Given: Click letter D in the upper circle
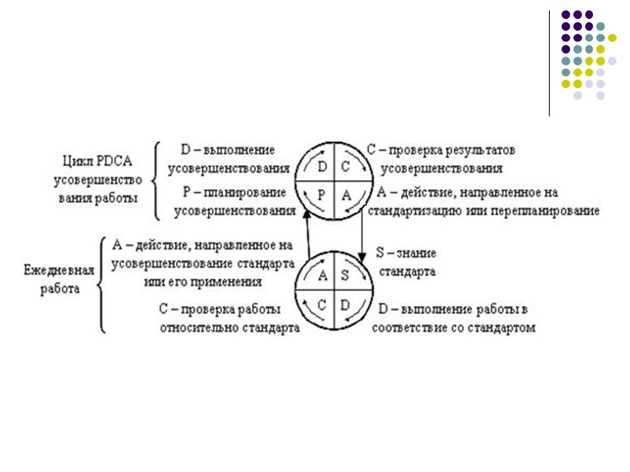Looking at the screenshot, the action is pyautogui.click(x=321, y=167).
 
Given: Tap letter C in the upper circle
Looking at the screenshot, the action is pyautogui.click(x=346, y=167).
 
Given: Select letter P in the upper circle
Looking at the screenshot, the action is pyautogui.click(x=321, y=196).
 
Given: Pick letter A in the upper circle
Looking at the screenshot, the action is pyautogui.click(x=347, y=196).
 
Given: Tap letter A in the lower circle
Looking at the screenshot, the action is pyautogui.click(x=322, y=275).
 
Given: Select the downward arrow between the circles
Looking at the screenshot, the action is pyautogui.click(x=361, y=236).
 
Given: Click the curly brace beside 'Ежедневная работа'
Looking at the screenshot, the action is pyautogui.click(x=102, y=285).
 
